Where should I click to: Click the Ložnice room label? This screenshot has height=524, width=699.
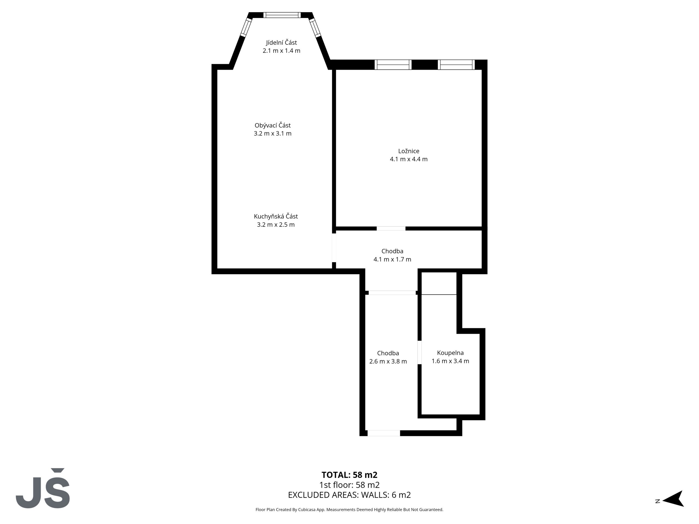click(408, 151)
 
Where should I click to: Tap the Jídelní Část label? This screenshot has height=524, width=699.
click(281, 42)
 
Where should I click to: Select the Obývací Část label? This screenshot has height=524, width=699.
click(273, 125)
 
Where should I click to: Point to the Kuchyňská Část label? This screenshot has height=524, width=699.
click(276, 216)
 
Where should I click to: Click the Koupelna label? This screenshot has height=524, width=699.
click(450, 353)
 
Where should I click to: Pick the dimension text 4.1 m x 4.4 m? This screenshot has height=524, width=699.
click(408, 159)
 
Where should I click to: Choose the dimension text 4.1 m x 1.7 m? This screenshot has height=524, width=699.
click(392, 259)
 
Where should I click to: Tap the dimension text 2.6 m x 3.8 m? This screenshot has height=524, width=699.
click(388, 361)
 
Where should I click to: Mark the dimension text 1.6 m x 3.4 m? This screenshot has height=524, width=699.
click(450, 361)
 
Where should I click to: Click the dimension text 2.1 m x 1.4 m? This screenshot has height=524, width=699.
click(281, 50)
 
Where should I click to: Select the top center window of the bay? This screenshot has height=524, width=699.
click(282, 15)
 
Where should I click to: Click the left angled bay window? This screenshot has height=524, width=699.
click(246, 27)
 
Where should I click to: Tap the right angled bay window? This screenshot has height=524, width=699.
click(315, 28)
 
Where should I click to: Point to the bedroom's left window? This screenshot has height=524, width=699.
click(393, 64)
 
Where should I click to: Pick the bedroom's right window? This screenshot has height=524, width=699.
click(456, 64)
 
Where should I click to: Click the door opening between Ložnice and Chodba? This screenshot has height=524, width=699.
click(391, 228)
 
